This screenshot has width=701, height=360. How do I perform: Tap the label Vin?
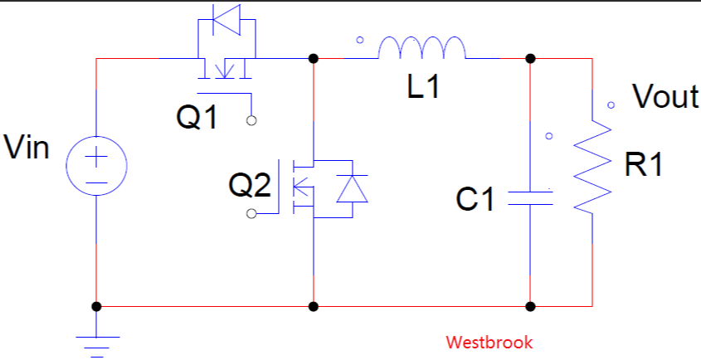tap(27, 148)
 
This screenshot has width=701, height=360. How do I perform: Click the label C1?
tap(475, 200)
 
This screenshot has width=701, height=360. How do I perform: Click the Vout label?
tap(665, 97)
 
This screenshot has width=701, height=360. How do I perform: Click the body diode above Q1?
tap(226, 21)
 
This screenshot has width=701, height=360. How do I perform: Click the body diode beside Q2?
tap(351, 190)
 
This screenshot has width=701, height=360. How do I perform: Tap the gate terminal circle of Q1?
tap(251, 121)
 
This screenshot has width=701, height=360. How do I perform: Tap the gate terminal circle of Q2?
tap(251, 215)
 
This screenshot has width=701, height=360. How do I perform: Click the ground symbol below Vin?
tap(97, 341)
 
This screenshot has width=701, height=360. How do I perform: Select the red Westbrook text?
tap(489, 342)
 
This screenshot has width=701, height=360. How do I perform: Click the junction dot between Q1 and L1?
tap(314, 59)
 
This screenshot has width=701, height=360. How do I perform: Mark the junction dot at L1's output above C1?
tap(530, 59)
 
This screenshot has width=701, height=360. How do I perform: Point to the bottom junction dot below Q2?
tap(314, 306)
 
